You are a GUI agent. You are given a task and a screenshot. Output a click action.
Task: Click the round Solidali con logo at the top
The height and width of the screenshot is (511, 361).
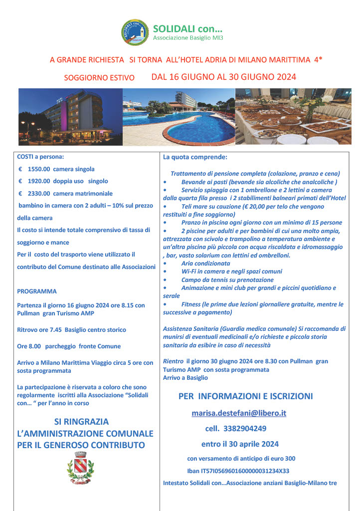[x=135, y=32]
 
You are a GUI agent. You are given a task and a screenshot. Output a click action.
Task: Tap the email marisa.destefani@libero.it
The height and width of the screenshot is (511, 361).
[x=239, y=413]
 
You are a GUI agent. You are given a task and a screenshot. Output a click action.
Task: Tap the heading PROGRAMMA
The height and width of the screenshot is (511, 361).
[x=37, y=291]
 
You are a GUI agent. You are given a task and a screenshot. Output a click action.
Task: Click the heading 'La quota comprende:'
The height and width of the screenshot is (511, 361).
[x=195, y=157]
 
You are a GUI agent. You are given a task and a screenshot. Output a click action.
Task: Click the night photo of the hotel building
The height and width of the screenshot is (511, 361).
[x=70, y=117]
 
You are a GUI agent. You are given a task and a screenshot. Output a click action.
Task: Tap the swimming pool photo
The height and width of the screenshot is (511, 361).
[x=178, y=117]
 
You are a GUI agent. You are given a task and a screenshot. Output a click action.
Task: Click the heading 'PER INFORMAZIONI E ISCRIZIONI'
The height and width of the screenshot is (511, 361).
[x=246, y=397]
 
